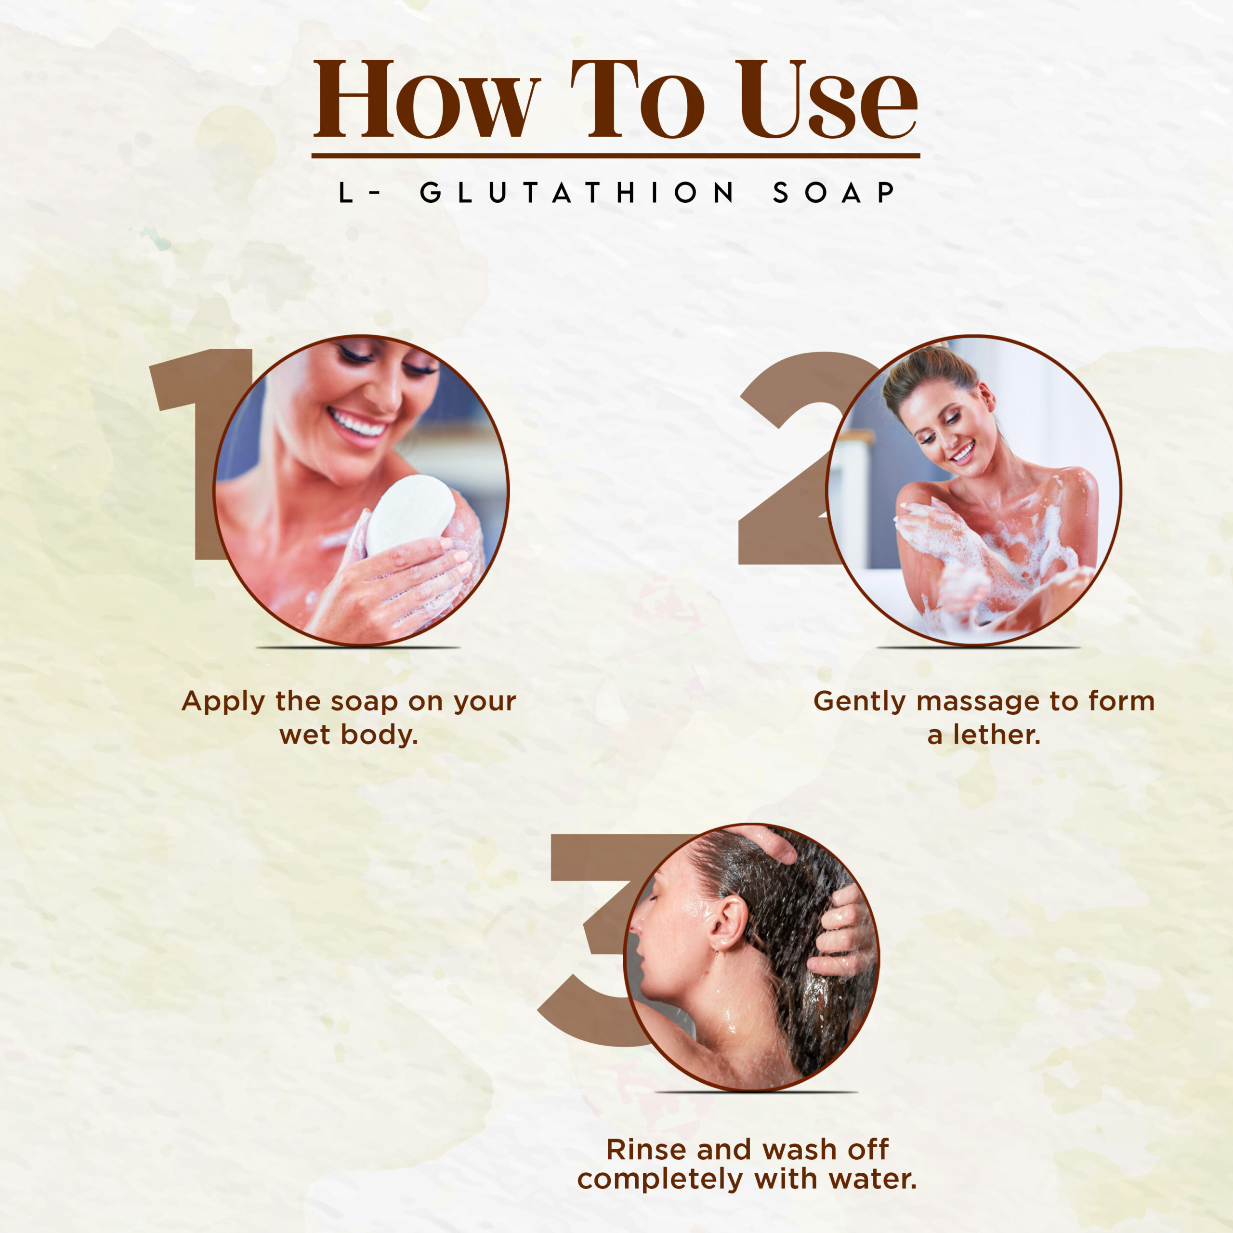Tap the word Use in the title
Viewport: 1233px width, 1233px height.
pos(826,99)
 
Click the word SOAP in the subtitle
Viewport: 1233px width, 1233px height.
pos(834,193)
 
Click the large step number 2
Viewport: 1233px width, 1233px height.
pos(791,459)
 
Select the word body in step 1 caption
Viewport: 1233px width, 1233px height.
pos(379,735)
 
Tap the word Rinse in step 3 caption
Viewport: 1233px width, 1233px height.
pos(646,1150)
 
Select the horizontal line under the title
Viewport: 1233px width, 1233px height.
pos(616,155)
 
